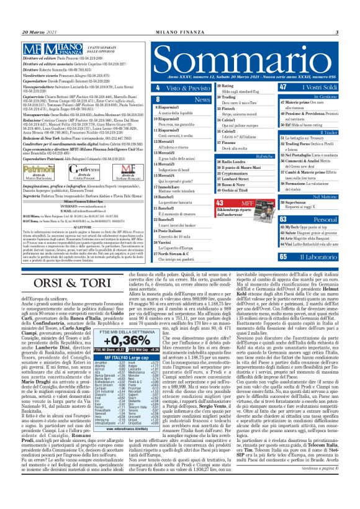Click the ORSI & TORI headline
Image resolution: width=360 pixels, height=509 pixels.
tap(63, 281)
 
